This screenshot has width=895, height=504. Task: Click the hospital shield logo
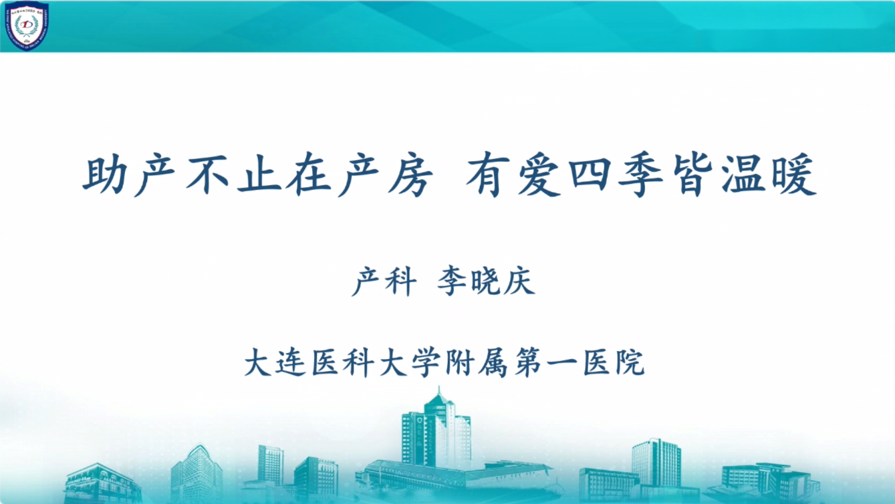coord(27,26)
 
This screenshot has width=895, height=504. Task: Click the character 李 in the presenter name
coord(452,281)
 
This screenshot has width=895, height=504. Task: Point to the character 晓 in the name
coord(485,281)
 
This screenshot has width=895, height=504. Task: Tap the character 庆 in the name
coord(519,281)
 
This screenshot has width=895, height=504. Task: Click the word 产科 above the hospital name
coord(384,281)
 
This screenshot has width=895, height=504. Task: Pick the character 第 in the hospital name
coord(527,362)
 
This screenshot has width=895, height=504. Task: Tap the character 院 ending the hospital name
coord(630,362)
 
